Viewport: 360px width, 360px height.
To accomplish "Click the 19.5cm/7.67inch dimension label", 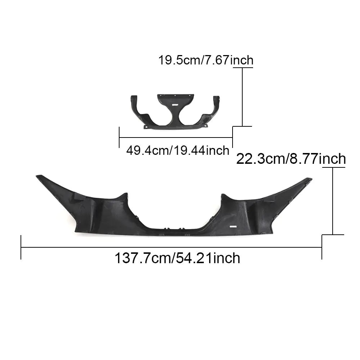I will point(206,60).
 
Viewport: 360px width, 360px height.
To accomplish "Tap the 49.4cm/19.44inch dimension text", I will point(177,150).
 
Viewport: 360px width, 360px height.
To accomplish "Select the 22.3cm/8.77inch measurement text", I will point(291,159).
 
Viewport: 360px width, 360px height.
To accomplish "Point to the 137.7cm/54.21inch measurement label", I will point(177,258).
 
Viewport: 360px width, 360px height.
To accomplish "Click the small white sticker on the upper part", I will point(175,104).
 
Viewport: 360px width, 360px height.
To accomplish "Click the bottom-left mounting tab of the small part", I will point(146,127).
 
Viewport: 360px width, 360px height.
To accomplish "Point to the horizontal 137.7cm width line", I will point(171,247).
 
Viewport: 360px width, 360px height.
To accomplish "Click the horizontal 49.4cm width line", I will point(176,137).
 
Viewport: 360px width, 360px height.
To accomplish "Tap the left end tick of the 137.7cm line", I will point(21,247).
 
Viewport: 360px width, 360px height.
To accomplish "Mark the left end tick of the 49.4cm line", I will point(119,137).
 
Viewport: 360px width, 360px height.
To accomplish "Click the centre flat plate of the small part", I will point(175,99).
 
